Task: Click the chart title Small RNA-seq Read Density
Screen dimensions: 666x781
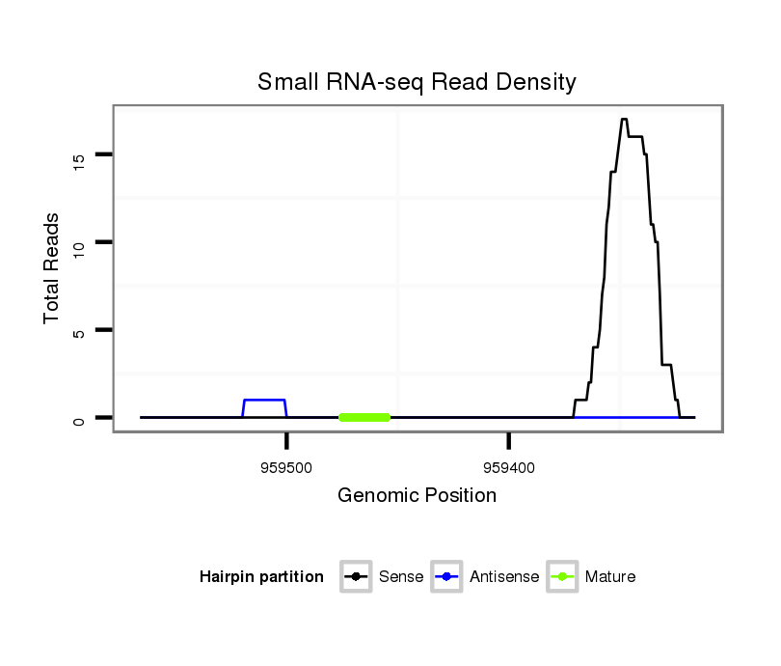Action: pos(417,82)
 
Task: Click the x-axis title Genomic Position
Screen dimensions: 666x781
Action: pos(417,496)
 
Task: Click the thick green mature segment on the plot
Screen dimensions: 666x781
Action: pos(364,417)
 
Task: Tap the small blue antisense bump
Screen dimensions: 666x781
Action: pos(264,400)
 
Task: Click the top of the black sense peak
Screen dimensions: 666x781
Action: pos(624,120)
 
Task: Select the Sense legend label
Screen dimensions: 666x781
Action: pos(401,577)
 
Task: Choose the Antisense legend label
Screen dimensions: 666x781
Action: pos(504,577)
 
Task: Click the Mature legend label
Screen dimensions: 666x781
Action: pos(610,577)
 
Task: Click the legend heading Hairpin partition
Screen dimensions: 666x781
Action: pos(261,577)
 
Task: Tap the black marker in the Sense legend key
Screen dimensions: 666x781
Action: pos(356,577)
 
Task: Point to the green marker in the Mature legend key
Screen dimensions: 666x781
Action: pos(562,577)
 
